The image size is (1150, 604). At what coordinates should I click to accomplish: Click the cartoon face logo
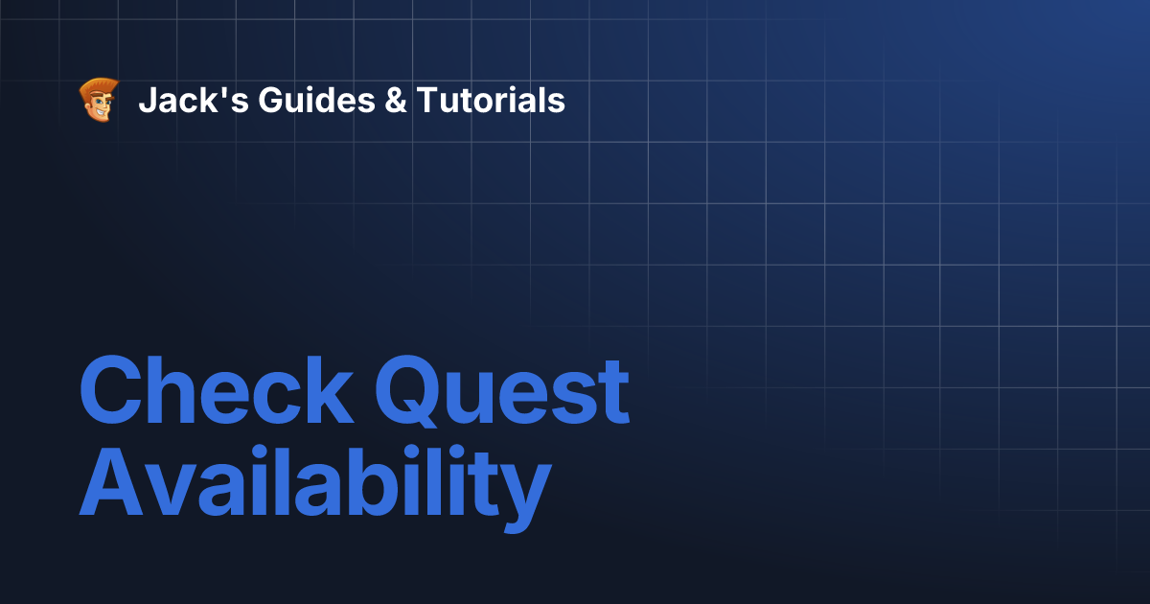click(99, 100)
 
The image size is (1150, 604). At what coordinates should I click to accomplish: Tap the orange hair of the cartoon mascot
click(100, 86)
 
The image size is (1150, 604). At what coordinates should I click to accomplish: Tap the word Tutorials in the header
click(490, 100)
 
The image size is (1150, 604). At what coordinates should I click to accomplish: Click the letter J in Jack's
click(146, 100)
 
